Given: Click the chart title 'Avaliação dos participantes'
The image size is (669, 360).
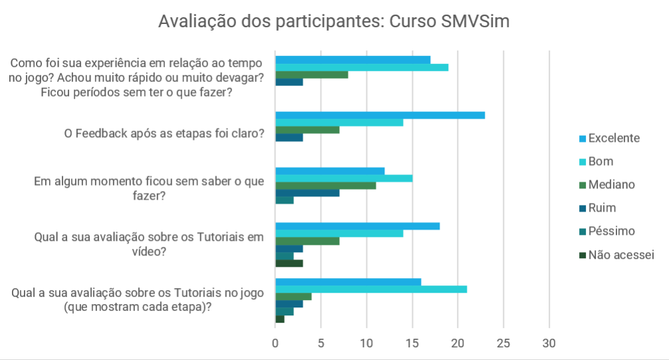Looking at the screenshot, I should [333, 22].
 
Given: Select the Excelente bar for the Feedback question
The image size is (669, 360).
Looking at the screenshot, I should [380, 115].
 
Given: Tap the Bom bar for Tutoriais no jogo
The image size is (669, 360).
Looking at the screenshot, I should [370, 289].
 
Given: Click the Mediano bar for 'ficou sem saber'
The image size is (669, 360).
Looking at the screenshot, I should [325, 186].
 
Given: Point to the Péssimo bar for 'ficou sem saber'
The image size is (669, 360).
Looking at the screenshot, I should [284, 200].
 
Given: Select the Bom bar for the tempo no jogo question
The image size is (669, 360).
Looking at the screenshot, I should [361, 67].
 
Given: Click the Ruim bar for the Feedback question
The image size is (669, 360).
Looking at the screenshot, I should [289, 138].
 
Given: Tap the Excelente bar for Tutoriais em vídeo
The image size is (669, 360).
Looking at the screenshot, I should [357, 226].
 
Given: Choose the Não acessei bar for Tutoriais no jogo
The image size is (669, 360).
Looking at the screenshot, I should [279, 319].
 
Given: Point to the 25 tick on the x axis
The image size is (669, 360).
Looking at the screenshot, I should [503, 343].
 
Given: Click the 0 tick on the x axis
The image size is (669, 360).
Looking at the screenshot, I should [275, 343].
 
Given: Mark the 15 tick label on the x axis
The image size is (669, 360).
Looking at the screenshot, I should [412, 343].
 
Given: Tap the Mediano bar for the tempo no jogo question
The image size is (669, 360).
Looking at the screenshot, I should [311, 75].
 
